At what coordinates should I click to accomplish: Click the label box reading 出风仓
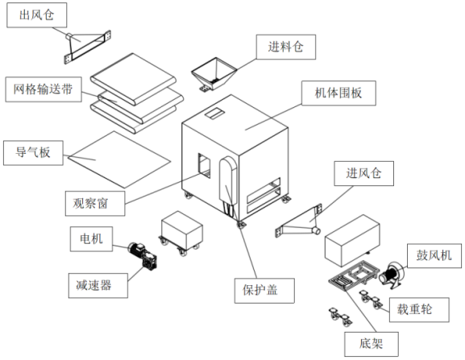pos(37,15)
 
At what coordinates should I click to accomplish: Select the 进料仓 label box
pos(286,47)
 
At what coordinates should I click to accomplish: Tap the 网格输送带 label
pos(44,89)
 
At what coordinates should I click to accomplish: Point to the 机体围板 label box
pos(338,93)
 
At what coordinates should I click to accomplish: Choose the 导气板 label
pos(33,152)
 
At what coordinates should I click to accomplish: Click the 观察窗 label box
pos(95,203)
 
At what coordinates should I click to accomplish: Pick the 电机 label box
pos(91,239)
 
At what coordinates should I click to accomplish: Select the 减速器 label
pos(98,285)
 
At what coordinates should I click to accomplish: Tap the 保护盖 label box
pos(264,291)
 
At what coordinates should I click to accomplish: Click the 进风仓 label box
pos(364,173)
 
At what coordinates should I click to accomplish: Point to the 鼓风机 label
pos(434,255)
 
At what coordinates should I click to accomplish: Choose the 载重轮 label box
pos(419,309)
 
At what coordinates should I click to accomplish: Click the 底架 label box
pos(372,344)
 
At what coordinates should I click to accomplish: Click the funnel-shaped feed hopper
pos(214,74)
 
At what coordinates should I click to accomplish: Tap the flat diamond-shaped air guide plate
pos(119,159)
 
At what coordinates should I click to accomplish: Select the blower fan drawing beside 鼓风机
pos(391,275)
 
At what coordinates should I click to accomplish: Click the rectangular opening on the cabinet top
pos(214,114)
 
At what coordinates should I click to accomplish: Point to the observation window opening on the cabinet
pos(205,166)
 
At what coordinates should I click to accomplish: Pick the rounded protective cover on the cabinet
pos(228,180)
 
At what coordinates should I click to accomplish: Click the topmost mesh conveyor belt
pos(133,79)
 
